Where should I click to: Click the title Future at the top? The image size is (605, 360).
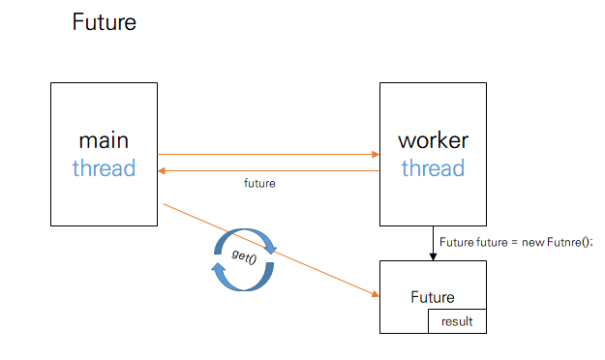[105, 22]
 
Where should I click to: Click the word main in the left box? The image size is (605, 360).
[104, 140]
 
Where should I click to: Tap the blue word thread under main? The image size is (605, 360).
[104, 168]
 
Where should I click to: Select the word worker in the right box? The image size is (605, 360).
[434, 140]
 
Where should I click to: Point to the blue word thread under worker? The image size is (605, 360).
[433, 168]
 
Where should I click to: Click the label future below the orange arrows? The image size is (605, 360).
[259, 183]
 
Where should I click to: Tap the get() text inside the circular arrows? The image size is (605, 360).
[244, 256]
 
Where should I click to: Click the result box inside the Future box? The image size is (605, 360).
[457, 321]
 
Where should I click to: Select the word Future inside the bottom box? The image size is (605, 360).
[433, 297]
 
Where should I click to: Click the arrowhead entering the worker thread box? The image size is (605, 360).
[376, 154]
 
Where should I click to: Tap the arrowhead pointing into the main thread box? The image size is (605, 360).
[162, 170]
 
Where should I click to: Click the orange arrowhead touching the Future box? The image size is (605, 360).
[376, 294]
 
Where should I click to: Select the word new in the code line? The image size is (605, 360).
[533, 242]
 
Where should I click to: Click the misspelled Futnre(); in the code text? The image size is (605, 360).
[569, 242]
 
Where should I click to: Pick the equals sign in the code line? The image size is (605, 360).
[514, 243]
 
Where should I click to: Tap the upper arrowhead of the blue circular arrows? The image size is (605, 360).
[270, 248]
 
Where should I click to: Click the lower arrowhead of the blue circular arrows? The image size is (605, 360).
[218, 269]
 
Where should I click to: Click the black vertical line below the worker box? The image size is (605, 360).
[433, 240]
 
